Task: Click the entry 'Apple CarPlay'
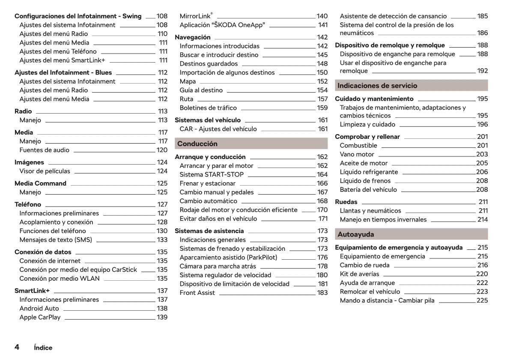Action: [40, 318]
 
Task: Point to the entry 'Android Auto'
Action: [39, 309]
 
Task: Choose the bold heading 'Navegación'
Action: [193, 37]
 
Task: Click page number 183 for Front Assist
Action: [322, 293]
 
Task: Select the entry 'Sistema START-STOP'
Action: [212, 174]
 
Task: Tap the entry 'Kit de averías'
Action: [359, 274]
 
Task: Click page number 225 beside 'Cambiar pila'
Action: [482, 300]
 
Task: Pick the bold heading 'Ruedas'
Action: [346, 202]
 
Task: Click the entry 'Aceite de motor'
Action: [364, 163]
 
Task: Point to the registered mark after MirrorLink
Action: [212, 14]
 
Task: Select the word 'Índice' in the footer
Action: [43, 348]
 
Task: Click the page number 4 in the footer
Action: [17, 347]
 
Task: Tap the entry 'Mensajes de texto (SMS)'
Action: [56, 240]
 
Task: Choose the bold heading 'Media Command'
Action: [40, 183]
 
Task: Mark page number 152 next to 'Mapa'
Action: [322, 81]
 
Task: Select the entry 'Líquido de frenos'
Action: [365, 181]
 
